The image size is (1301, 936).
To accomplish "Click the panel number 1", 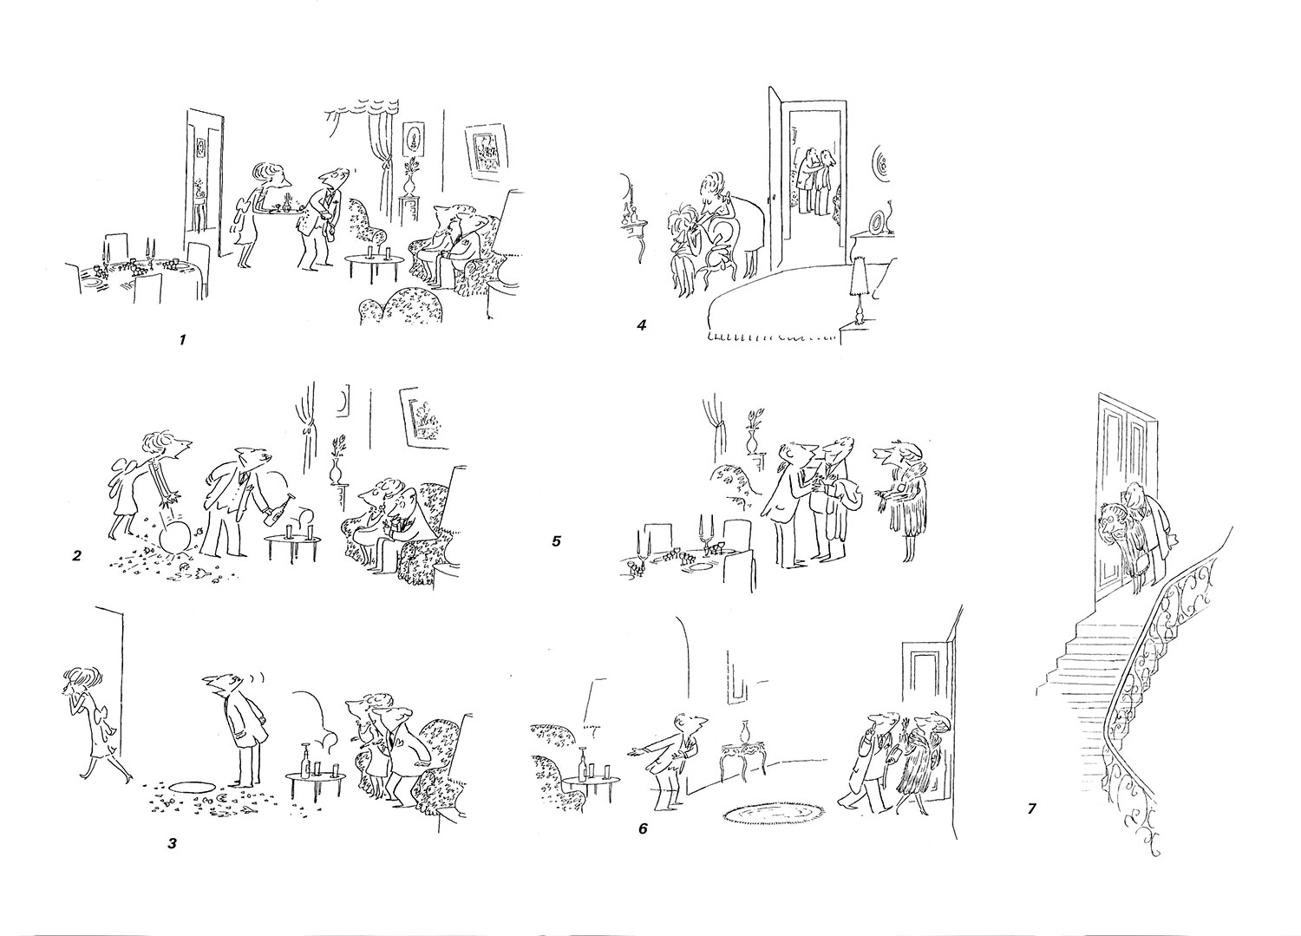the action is pyautogui.click(x=182, y=339).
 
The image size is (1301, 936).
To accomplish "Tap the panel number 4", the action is pyautogui.click(x=642, y=325).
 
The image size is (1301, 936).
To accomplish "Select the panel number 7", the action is pyautogui.click(x=1031, y=808).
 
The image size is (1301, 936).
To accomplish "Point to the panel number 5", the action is pyautogui.click(x=557, y=541).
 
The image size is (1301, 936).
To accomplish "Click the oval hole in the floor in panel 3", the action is pyautogui.click(x=195, y=787).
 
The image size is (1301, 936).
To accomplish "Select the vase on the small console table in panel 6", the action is pyautogui.click(x=745, y=733).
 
